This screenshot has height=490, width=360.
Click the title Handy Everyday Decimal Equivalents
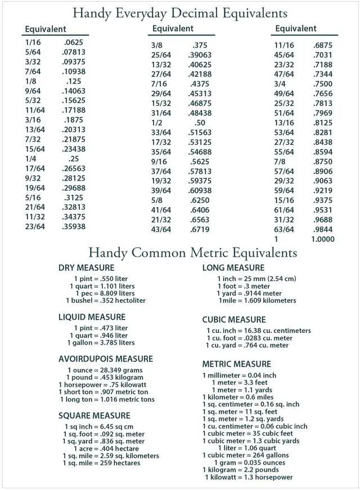pyautogui.click(x=180, y=12)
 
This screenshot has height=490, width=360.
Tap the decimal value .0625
pyautogui.click(x=73, y=42)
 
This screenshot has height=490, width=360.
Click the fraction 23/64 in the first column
pyautogui.click(x=34, y=227)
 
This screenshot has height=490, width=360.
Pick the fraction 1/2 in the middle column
pyautogui.click(x=157, y=123)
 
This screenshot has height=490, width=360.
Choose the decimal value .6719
pyautogui.click(x=200, y=230)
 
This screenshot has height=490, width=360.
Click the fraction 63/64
pyautogui.click(x=283, y=230)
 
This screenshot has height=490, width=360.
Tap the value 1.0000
pyautogui.click(x=322, y=239)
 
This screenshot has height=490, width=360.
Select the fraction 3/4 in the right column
pyautogui.click(x=280, y=84)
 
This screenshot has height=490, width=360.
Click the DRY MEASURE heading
pyautogui.click(x=86, y=268)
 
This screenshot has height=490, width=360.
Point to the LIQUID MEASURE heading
pyautogui.click(x=92, y=317)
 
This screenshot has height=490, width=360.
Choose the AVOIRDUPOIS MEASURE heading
pyautogui.click(x=106, y=359)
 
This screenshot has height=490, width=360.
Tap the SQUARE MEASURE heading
pyautogui.click(x=94, y=416)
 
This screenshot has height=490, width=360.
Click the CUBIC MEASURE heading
pyautogui.click(x=234, y=320)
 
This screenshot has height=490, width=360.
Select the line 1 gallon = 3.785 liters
pyautogui.click(x=101, y=343)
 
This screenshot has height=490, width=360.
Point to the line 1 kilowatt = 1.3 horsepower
pyautogui.click(x=249, y=478)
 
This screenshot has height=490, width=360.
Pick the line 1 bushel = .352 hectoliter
pyautogui.click(x=105, y=300)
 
